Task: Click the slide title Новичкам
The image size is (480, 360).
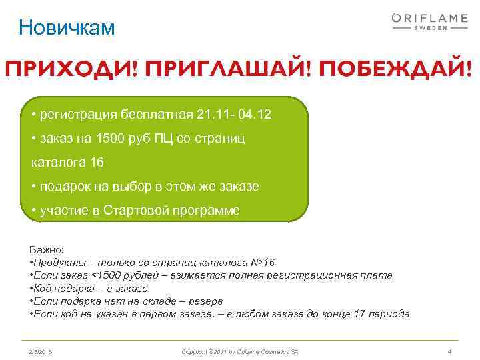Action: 67,27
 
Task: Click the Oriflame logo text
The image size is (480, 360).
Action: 429,19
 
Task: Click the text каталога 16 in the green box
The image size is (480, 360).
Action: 67,163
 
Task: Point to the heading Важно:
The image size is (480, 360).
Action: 47,249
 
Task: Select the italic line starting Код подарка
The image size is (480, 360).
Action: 91,289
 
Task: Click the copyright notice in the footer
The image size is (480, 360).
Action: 241,351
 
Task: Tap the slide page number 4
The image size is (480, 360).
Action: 450,351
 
